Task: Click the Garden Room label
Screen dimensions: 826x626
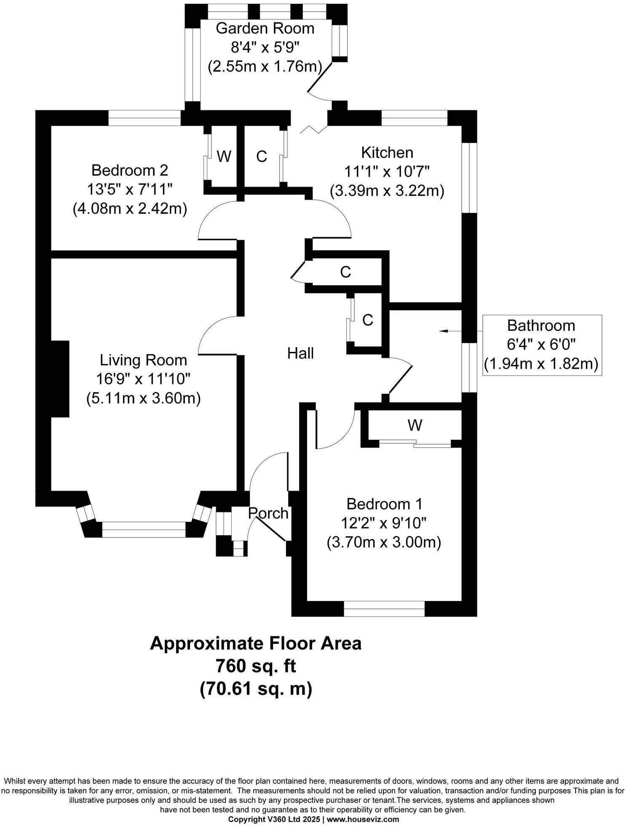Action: pos(265,29)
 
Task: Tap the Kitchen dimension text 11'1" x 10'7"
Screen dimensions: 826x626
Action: pos(386,172)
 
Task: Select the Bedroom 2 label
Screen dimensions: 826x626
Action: pos(130,170)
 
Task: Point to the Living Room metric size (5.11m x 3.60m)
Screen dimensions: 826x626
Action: pos(143,398)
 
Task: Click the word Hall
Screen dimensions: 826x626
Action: pos(300,353)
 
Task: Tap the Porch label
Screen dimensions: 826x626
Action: pos(268,513)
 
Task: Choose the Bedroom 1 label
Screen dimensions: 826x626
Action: pos(384,504)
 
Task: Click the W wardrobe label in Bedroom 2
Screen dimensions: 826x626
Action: pos(224,157)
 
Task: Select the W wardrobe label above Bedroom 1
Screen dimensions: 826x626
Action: pos(415,425)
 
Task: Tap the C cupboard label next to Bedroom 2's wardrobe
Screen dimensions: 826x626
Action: pos(262,157)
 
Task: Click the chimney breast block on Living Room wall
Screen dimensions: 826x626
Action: pos(60,379)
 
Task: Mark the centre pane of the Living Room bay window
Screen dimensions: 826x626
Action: pos(143,529)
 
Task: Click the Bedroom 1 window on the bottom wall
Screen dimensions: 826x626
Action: pos(384,609)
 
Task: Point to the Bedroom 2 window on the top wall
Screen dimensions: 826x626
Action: pos(144,118)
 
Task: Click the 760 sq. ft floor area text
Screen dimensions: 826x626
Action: pos(255,666)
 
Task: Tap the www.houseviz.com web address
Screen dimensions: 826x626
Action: pos(363,819)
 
